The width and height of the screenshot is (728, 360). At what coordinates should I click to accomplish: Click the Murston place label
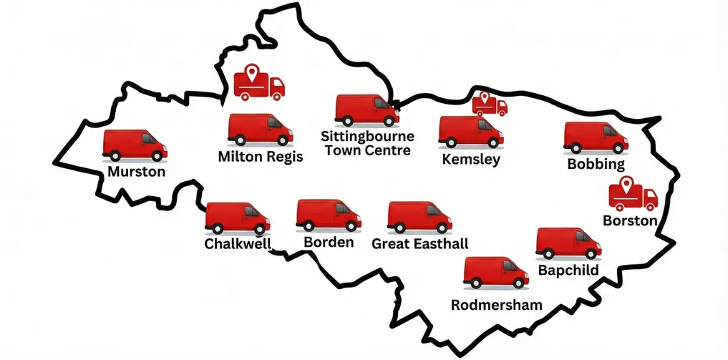(136, 172)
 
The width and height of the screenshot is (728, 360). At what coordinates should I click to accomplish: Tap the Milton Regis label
(260, 157)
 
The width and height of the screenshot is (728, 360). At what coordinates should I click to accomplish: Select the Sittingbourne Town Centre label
(367, 143)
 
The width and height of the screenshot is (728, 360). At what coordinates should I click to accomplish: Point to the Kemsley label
(471, 160)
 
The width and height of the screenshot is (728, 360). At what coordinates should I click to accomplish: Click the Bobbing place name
(596, 164)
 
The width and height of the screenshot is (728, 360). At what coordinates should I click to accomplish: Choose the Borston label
(630, 220)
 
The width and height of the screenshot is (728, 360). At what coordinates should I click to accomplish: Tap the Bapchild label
(568, 271)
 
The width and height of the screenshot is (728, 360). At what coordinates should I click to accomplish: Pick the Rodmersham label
(496, 305)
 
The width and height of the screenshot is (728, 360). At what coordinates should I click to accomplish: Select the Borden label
(329, 243)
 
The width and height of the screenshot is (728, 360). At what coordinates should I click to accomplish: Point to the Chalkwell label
(238, 245)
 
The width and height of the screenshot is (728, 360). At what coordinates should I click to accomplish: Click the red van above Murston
(135, 145)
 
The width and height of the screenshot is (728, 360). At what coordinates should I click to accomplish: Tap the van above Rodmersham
(495, 273)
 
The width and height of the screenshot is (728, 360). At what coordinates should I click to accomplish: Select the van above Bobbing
(596, 137)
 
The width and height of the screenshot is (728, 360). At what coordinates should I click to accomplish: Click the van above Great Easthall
(419, 217)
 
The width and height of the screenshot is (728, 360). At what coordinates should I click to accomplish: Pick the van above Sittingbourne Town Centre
(367, 110)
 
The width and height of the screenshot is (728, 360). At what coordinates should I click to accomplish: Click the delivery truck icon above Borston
(633, 195)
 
